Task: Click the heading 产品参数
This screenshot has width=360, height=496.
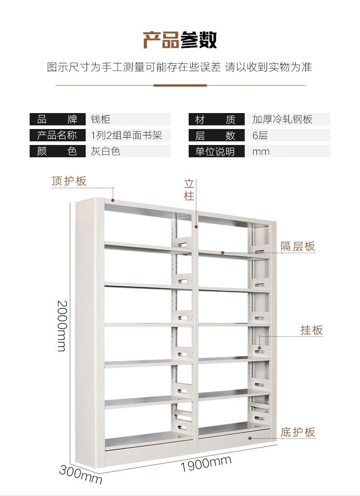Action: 180,40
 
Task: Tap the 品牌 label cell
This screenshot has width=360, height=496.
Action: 57,120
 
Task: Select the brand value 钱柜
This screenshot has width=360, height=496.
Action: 101,120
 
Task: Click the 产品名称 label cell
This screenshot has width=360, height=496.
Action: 57,135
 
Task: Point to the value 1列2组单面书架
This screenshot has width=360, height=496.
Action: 126,135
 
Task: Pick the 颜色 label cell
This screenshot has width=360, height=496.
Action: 57,151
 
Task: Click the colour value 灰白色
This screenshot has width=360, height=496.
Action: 105,151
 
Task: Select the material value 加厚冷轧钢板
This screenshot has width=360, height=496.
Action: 283,120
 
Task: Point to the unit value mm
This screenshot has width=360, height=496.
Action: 261,151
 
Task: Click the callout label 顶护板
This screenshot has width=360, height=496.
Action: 69,181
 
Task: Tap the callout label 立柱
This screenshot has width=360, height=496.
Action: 189,190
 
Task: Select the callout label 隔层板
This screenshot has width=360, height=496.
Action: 298,247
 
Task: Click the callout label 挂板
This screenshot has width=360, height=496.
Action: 312,330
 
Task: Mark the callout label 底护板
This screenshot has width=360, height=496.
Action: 298,432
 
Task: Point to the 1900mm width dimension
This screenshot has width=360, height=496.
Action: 206,463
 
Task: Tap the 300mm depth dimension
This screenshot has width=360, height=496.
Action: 81,474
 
